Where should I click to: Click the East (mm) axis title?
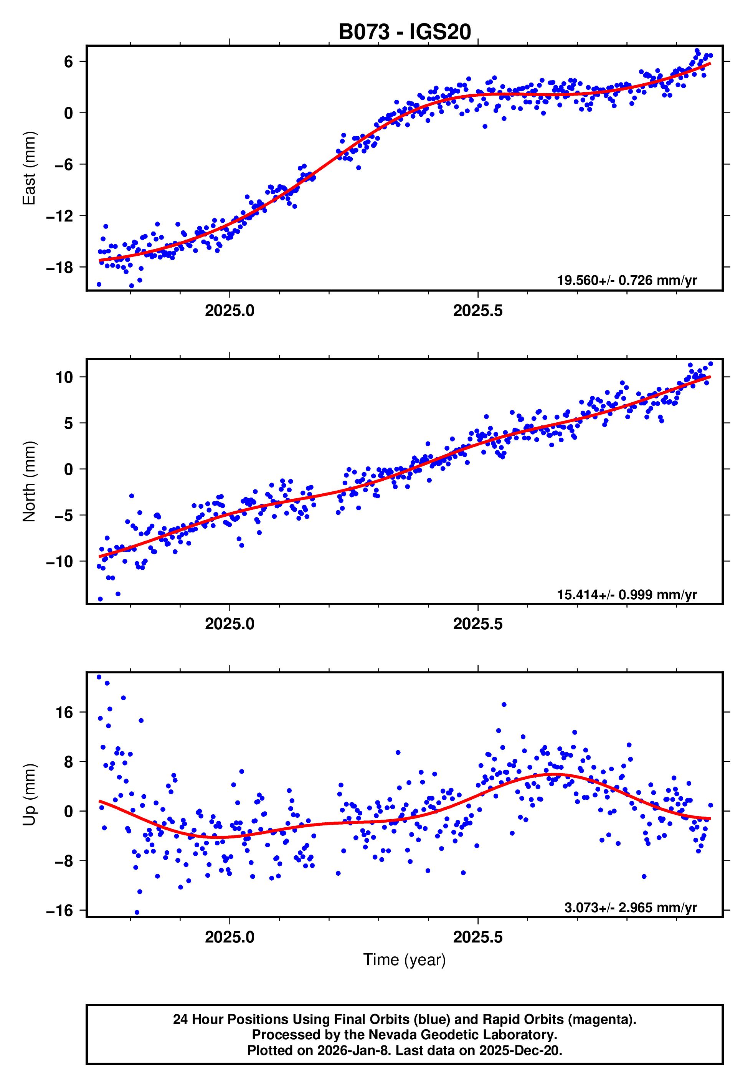tap(29, 168)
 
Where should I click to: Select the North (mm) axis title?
tap(29, 481)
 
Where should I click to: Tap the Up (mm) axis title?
tap(29, 795)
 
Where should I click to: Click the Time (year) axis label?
tap(405, 960)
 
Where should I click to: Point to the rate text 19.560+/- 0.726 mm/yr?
tap(627, 280)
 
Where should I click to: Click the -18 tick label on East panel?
tap(59, 268)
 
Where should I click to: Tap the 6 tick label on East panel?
tap(68, 61)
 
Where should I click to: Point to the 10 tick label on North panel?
tap(64, 377)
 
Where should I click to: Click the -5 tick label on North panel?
tap(59, 515)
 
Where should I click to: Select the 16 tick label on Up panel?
tap(64, 713)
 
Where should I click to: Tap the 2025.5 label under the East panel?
tap(477, 311)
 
